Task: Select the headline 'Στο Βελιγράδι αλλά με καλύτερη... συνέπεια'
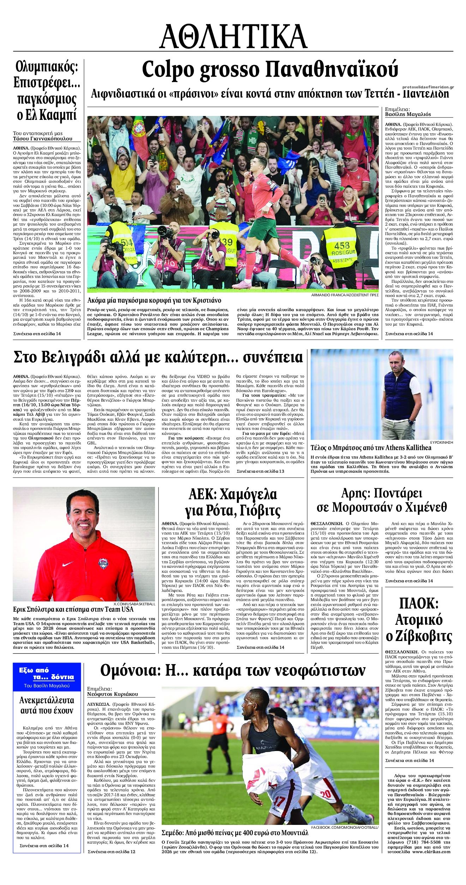click(158, 357)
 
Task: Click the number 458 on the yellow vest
click(341, 245)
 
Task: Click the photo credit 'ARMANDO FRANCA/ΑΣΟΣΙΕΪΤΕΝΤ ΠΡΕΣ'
click(345, 294)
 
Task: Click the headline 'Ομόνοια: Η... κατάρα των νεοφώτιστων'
click(233, 670)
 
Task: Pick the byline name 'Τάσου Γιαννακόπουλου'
click(42, 139)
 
